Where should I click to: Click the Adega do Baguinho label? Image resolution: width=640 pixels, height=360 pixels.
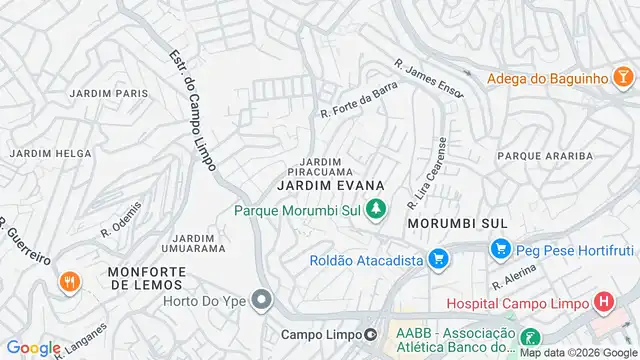(x=548, y=77)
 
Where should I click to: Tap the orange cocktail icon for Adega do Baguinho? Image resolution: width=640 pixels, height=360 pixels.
(x=622, y=77)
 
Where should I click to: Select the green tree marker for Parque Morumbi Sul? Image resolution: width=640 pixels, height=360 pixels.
(x=376, y=209)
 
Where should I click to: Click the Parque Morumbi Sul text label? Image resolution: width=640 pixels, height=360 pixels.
(x=297, y=209)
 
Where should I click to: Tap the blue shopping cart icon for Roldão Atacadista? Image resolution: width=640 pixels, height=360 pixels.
(x=436, y=260)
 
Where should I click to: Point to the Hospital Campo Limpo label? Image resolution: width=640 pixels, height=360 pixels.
(x=516, y=302)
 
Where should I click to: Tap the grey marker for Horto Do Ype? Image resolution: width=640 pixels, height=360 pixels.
(x=262, y=299)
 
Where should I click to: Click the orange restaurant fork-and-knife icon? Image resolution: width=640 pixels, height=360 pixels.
(x=70, y=282)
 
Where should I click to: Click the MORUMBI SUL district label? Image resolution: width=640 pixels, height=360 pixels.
(x=458, y=222)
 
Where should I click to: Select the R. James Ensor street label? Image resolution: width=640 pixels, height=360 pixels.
(x=429, y=79)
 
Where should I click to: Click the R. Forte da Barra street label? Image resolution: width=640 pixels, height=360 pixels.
(x=359, y=105)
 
